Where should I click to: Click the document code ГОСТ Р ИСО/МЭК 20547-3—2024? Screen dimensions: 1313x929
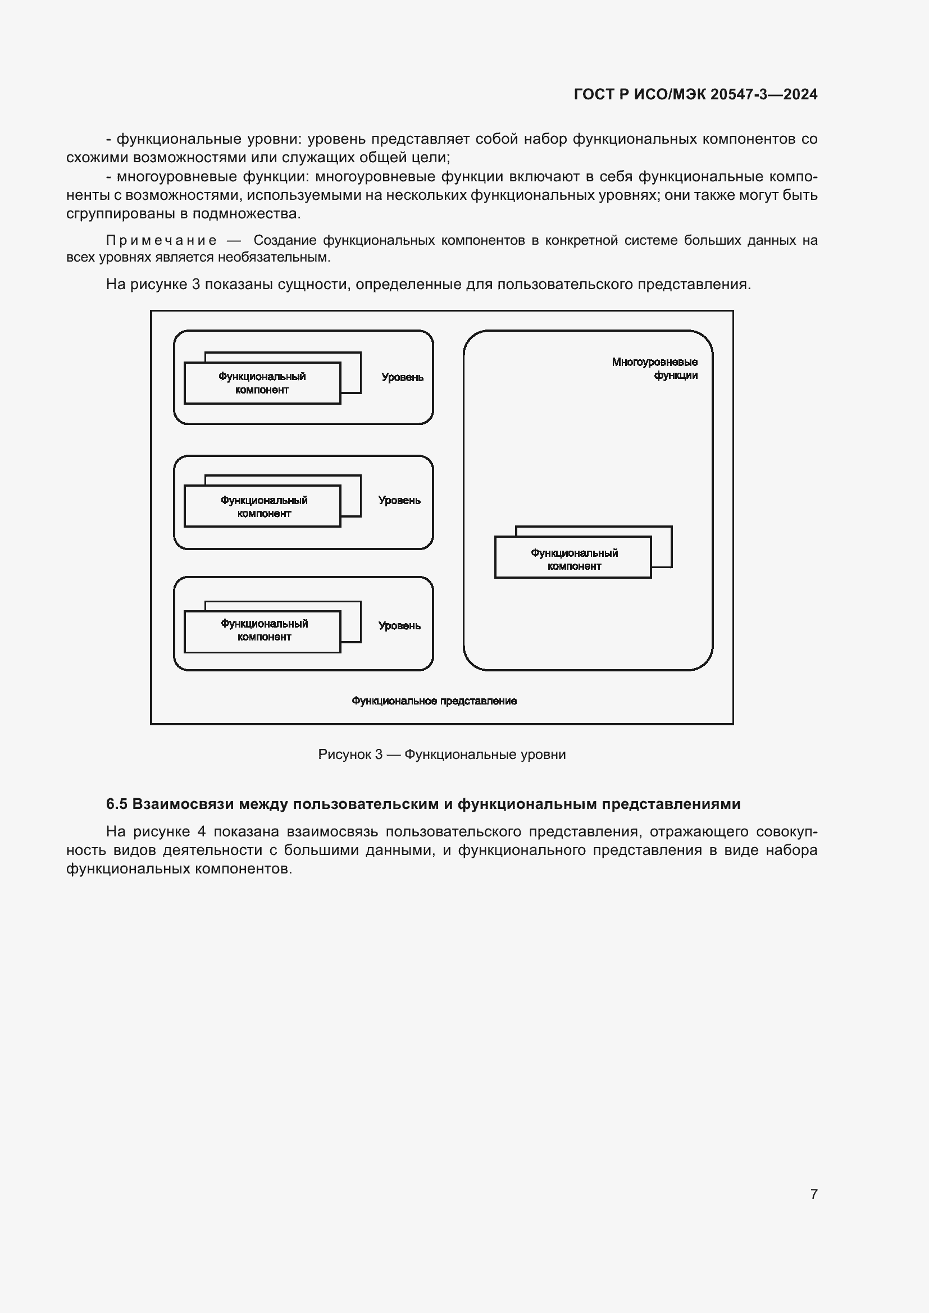coord(695,94)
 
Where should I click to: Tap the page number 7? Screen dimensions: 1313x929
coord(813,1194)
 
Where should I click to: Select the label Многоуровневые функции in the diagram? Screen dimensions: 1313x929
coord(654,368)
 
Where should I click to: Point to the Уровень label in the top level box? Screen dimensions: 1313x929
coord(402,377)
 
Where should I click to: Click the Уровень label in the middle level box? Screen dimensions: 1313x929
coord(399,500)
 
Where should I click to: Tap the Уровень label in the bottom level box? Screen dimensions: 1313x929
coord(399,625)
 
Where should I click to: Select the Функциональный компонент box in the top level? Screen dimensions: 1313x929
coord(262,383)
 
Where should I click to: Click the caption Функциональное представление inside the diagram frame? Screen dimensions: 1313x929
coord(434,701)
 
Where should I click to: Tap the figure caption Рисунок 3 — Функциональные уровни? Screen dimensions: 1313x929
coord(441,754)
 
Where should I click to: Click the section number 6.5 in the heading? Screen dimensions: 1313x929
coord(117,804)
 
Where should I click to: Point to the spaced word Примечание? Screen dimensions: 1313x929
coord(161,241)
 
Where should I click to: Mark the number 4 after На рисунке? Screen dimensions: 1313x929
coord(202,831)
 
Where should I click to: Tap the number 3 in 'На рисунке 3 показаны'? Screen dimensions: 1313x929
coord(195,284)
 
